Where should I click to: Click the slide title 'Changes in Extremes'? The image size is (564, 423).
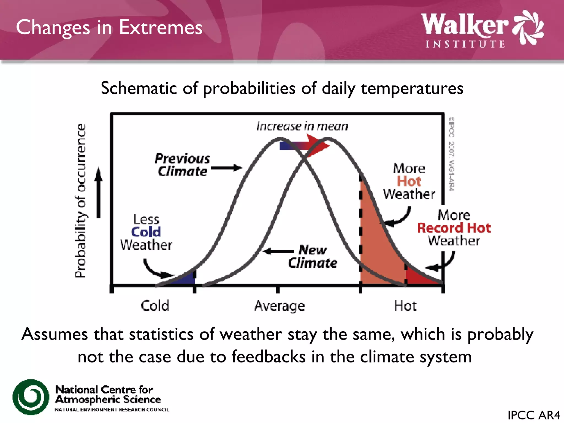coord(109,28)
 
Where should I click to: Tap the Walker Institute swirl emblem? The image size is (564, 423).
coord(528,28)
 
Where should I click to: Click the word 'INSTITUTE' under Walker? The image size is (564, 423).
coord(465,44)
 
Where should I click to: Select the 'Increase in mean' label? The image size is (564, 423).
coord(302,126)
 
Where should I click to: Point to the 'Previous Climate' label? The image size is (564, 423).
coord(182,165)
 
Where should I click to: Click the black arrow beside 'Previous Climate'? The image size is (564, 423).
coord(226,168)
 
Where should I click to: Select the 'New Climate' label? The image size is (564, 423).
coord(313,256)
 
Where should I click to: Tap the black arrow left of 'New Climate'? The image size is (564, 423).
coord(278,251)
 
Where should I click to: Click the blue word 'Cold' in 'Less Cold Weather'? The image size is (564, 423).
coord(146,232)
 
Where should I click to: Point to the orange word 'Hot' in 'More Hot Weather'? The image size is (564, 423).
coord(409,181)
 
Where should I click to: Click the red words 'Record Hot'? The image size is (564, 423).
coord(454,228)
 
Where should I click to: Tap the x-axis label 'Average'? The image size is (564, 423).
coord(280,306)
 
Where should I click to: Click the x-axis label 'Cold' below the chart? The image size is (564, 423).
coord(155,306)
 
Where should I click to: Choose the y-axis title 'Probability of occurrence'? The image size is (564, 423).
coord(80,200)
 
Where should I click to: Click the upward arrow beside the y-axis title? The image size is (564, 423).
coord(99,193)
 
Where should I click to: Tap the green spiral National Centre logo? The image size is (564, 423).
coord(31,397)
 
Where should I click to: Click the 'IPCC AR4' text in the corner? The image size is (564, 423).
coord(533,415)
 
